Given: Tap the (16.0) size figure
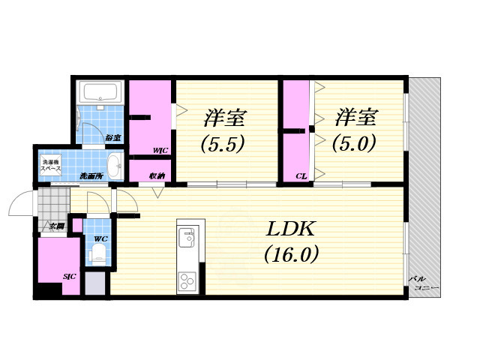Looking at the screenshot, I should tap(291, 255).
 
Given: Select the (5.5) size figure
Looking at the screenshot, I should tap(222, 142).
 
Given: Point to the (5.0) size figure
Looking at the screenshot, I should tap(355, 142).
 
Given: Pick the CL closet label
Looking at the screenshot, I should tap(300, 177).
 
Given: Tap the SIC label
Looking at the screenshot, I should tap(70, 277).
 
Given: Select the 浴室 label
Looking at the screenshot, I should tap(113, 138).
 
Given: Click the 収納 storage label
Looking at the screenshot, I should tap(157, 176).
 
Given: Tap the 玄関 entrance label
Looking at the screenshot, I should tap(56, 226).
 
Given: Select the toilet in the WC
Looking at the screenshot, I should tap(96, 255).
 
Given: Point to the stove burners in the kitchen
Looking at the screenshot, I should tap(186, 281).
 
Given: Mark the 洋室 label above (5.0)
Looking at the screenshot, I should tap(356, 118).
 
